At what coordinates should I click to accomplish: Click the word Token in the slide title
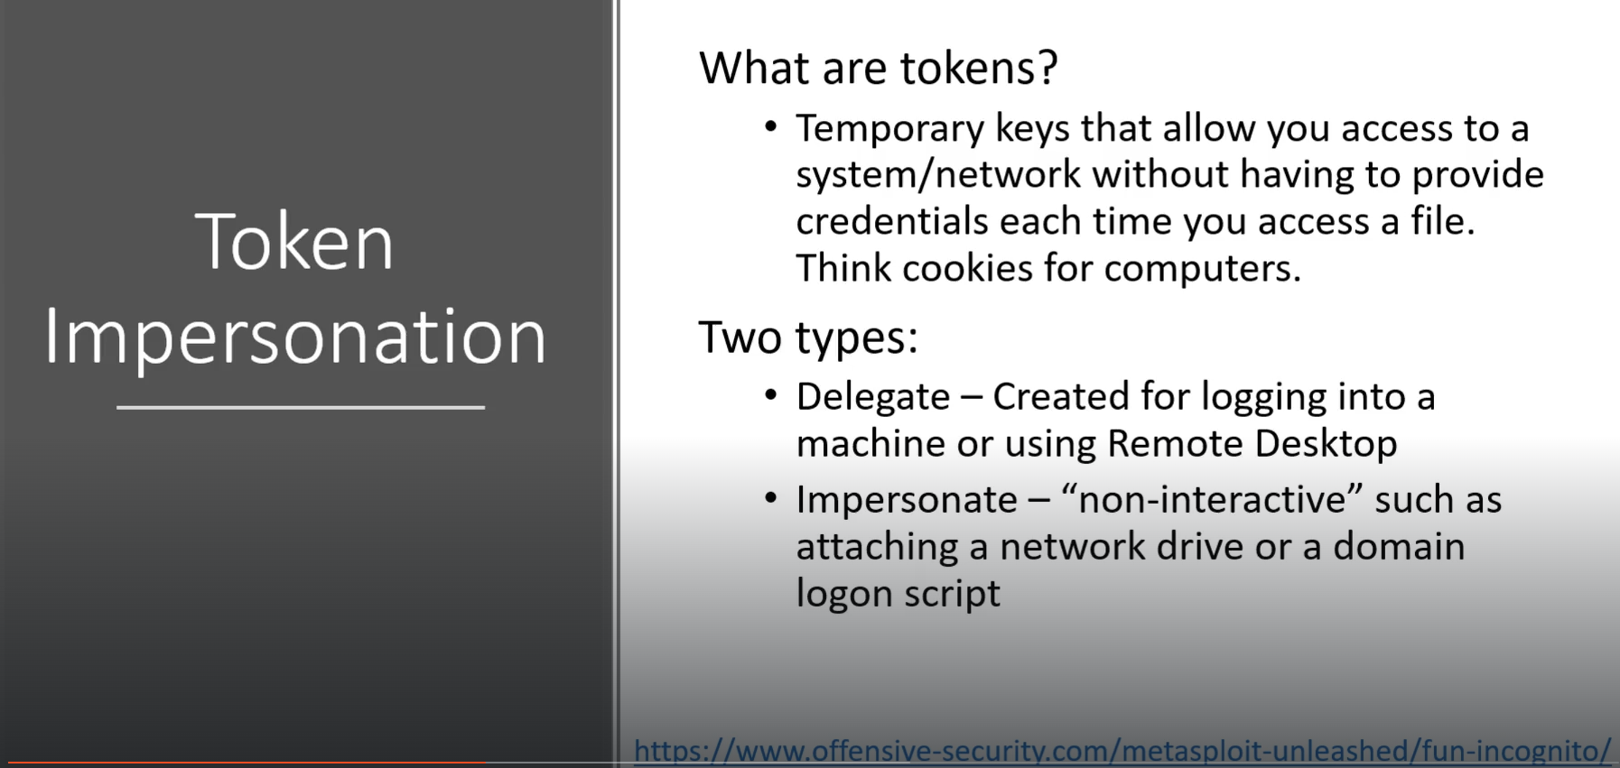pyautogui.click(x=294, y=242)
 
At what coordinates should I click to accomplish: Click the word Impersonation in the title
pyautogui.click(x=295, y=337)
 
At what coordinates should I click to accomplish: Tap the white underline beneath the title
pyautogui.click(x=301, y=407)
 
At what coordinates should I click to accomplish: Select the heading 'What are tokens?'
pyautogui.click(x=878, y=68)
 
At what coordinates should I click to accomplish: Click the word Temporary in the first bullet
pyautogui.click(x=889, y=129)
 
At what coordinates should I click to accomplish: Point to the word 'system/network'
pyautogui.click(x=937, y=174)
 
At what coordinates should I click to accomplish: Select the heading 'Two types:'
pyautogui.click(x=808, y=338)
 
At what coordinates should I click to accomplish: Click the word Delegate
pyautogui.click(x=872, y=397)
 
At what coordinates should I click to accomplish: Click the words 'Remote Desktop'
pyautogui.click(x=1252, y=444)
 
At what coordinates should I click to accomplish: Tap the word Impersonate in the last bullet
pyautogui.click(x=906, y=500)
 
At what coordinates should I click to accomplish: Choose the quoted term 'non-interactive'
pyautogui.click(x=1211, y=499)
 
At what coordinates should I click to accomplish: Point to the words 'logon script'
pyautogui.click(x=898, y=594)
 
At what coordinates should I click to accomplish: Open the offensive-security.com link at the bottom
pyautogui.click(x=1122, y=751)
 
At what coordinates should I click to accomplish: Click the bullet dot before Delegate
pyautogui.click(x=770, y=394)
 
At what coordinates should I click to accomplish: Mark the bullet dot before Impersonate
pyautogui.click(x=770, y=497)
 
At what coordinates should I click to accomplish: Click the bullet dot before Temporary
pyautogui.click(x=770, y=126)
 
